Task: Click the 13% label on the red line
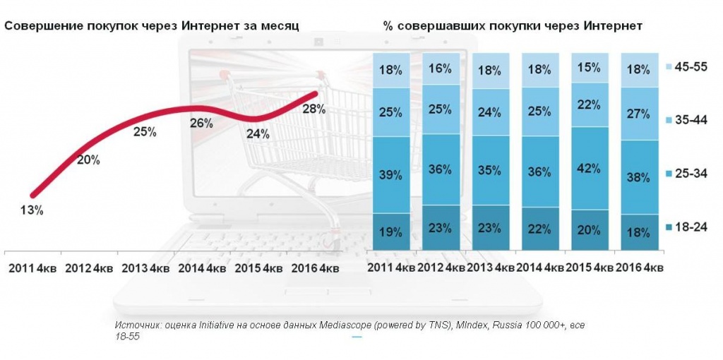tap(32, 210)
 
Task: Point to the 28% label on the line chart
tap(313, 109)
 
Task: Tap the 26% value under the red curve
tap(201, 123)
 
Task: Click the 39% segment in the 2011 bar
tap(390, 174)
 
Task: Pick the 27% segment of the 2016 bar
tap(638, 114)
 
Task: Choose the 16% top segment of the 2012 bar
tap(439, 68)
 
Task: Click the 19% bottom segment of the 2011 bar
tap(390, 231)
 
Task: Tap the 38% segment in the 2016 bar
tap(638, 177)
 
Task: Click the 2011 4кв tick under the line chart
tap(32, 268)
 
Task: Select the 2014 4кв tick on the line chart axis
tap(202, 268)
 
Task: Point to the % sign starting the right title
tap(388, 25)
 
